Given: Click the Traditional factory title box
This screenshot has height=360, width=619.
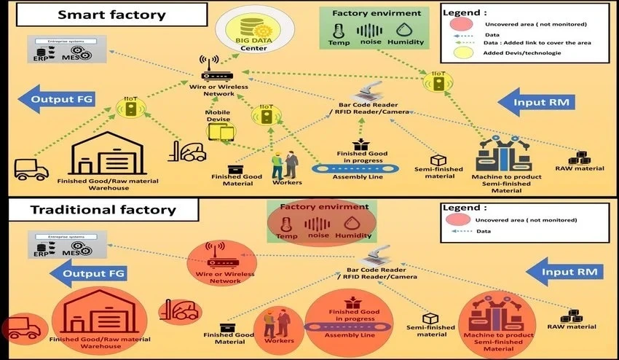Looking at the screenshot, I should [103, 210].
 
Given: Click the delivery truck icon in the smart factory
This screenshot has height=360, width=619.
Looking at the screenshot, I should [31, 168].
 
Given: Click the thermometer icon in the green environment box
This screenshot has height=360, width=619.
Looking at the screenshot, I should [337, 30].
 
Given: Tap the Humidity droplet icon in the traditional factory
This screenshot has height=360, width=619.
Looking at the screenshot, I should [354, 222].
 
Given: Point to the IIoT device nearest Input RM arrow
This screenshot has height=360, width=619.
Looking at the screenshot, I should [439, 84].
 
